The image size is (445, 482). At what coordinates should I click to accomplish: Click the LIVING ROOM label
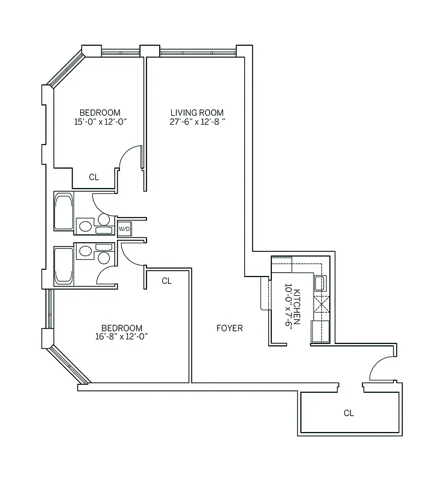click(x=197, y=113)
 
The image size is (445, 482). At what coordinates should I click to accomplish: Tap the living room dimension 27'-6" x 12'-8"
click(x=197, y=122)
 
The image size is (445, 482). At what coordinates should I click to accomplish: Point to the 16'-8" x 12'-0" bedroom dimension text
click(x=122, y=337)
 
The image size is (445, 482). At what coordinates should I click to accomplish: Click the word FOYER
click(x=230, y=328)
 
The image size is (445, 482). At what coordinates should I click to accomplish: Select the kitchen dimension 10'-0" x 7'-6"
click(x=288, y=305)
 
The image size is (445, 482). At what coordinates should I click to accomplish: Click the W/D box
click(x=124, y=229)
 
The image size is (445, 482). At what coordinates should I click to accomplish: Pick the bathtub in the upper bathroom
click(x=63, y=211)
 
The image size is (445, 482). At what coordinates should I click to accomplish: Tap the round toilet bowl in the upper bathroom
click(x=104, y=220)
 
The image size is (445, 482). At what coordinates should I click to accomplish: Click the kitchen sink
click(x=320, y=283)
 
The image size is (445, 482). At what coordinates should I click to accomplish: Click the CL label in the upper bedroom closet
click(x=93, y=177)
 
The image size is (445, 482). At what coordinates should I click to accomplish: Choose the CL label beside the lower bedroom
click(x=167, y=281)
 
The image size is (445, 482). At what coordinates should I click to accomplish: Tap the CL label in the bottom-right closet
click(x=349, y=413)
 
